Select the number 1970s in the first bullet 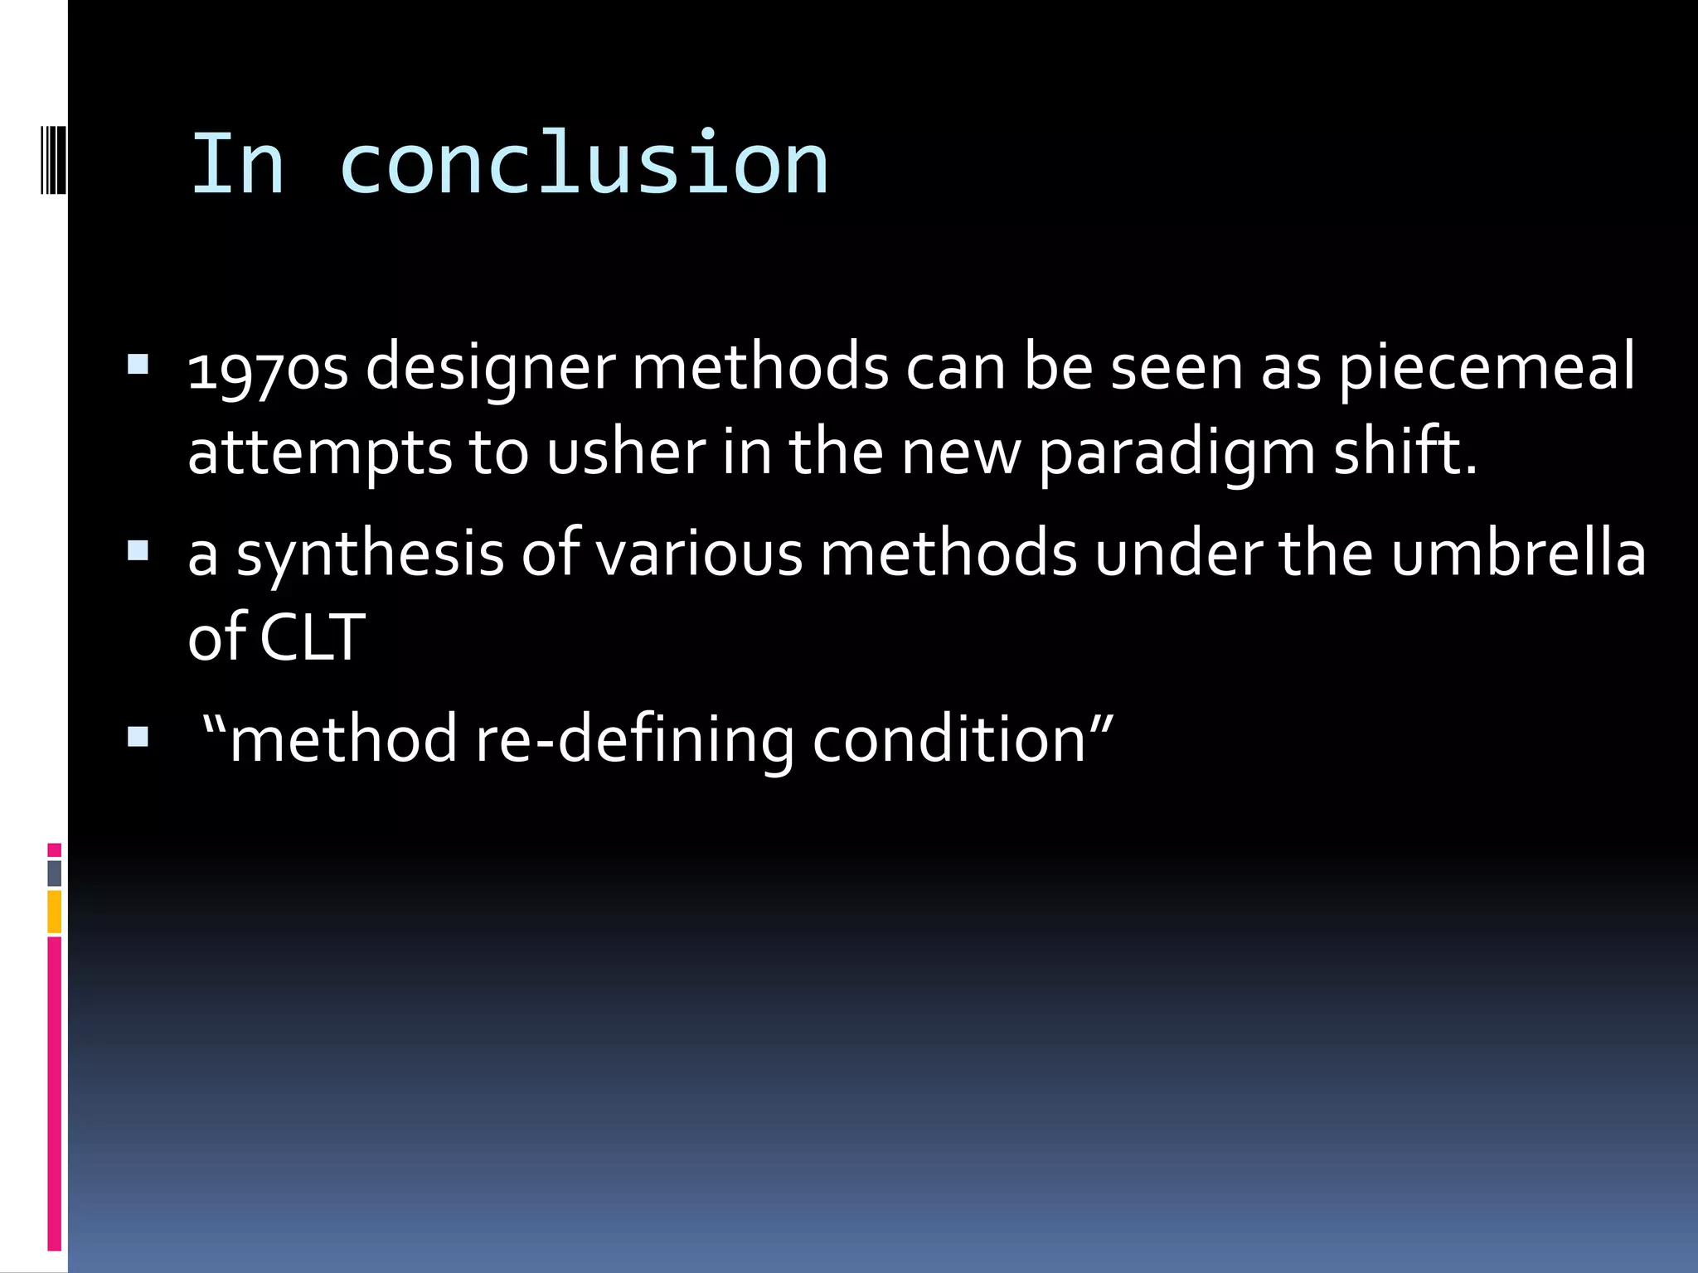pos(267,367)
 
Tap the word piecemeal pos(1487,367)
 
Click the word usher pos(626,453)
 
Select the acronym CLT pos(313,637)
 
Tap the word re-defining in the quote pos(634,739)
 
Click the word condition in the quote pos(948,739)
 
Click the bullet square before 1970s pos(138,365)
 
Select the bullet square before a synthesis pos(138,551)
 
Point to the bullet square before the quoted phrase pos(138,737)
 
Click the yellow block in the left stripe pos(55,912)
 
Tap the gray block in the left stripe pos(55,873)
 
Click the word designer pos(490,367)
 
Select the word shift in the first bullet pos(1404,453)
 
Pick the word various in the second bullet pos(700,554)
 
